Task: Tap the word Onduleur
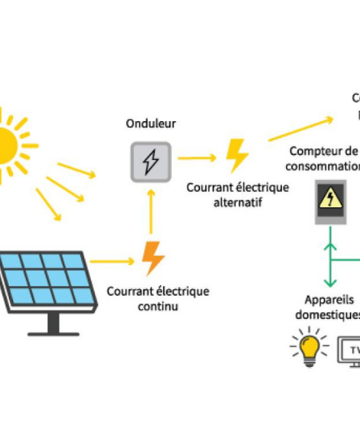pyautogui.click(x=151, y=123)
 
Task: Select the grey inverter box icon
pyautogui.click(x=151, y=161)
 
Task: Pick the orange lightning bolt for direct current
pyautogui.click(x=153, y=257)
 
